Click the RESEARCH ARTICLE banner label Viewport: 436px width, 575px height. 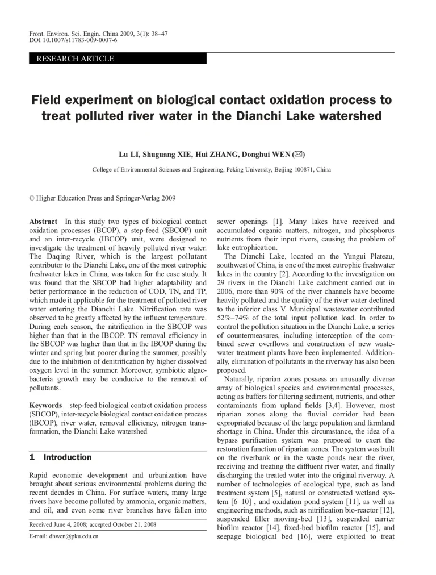point(75,59)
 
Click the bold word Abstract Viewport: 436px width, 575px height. point(43,221)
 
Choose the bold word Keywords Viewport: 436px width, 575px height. point(45,405)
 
